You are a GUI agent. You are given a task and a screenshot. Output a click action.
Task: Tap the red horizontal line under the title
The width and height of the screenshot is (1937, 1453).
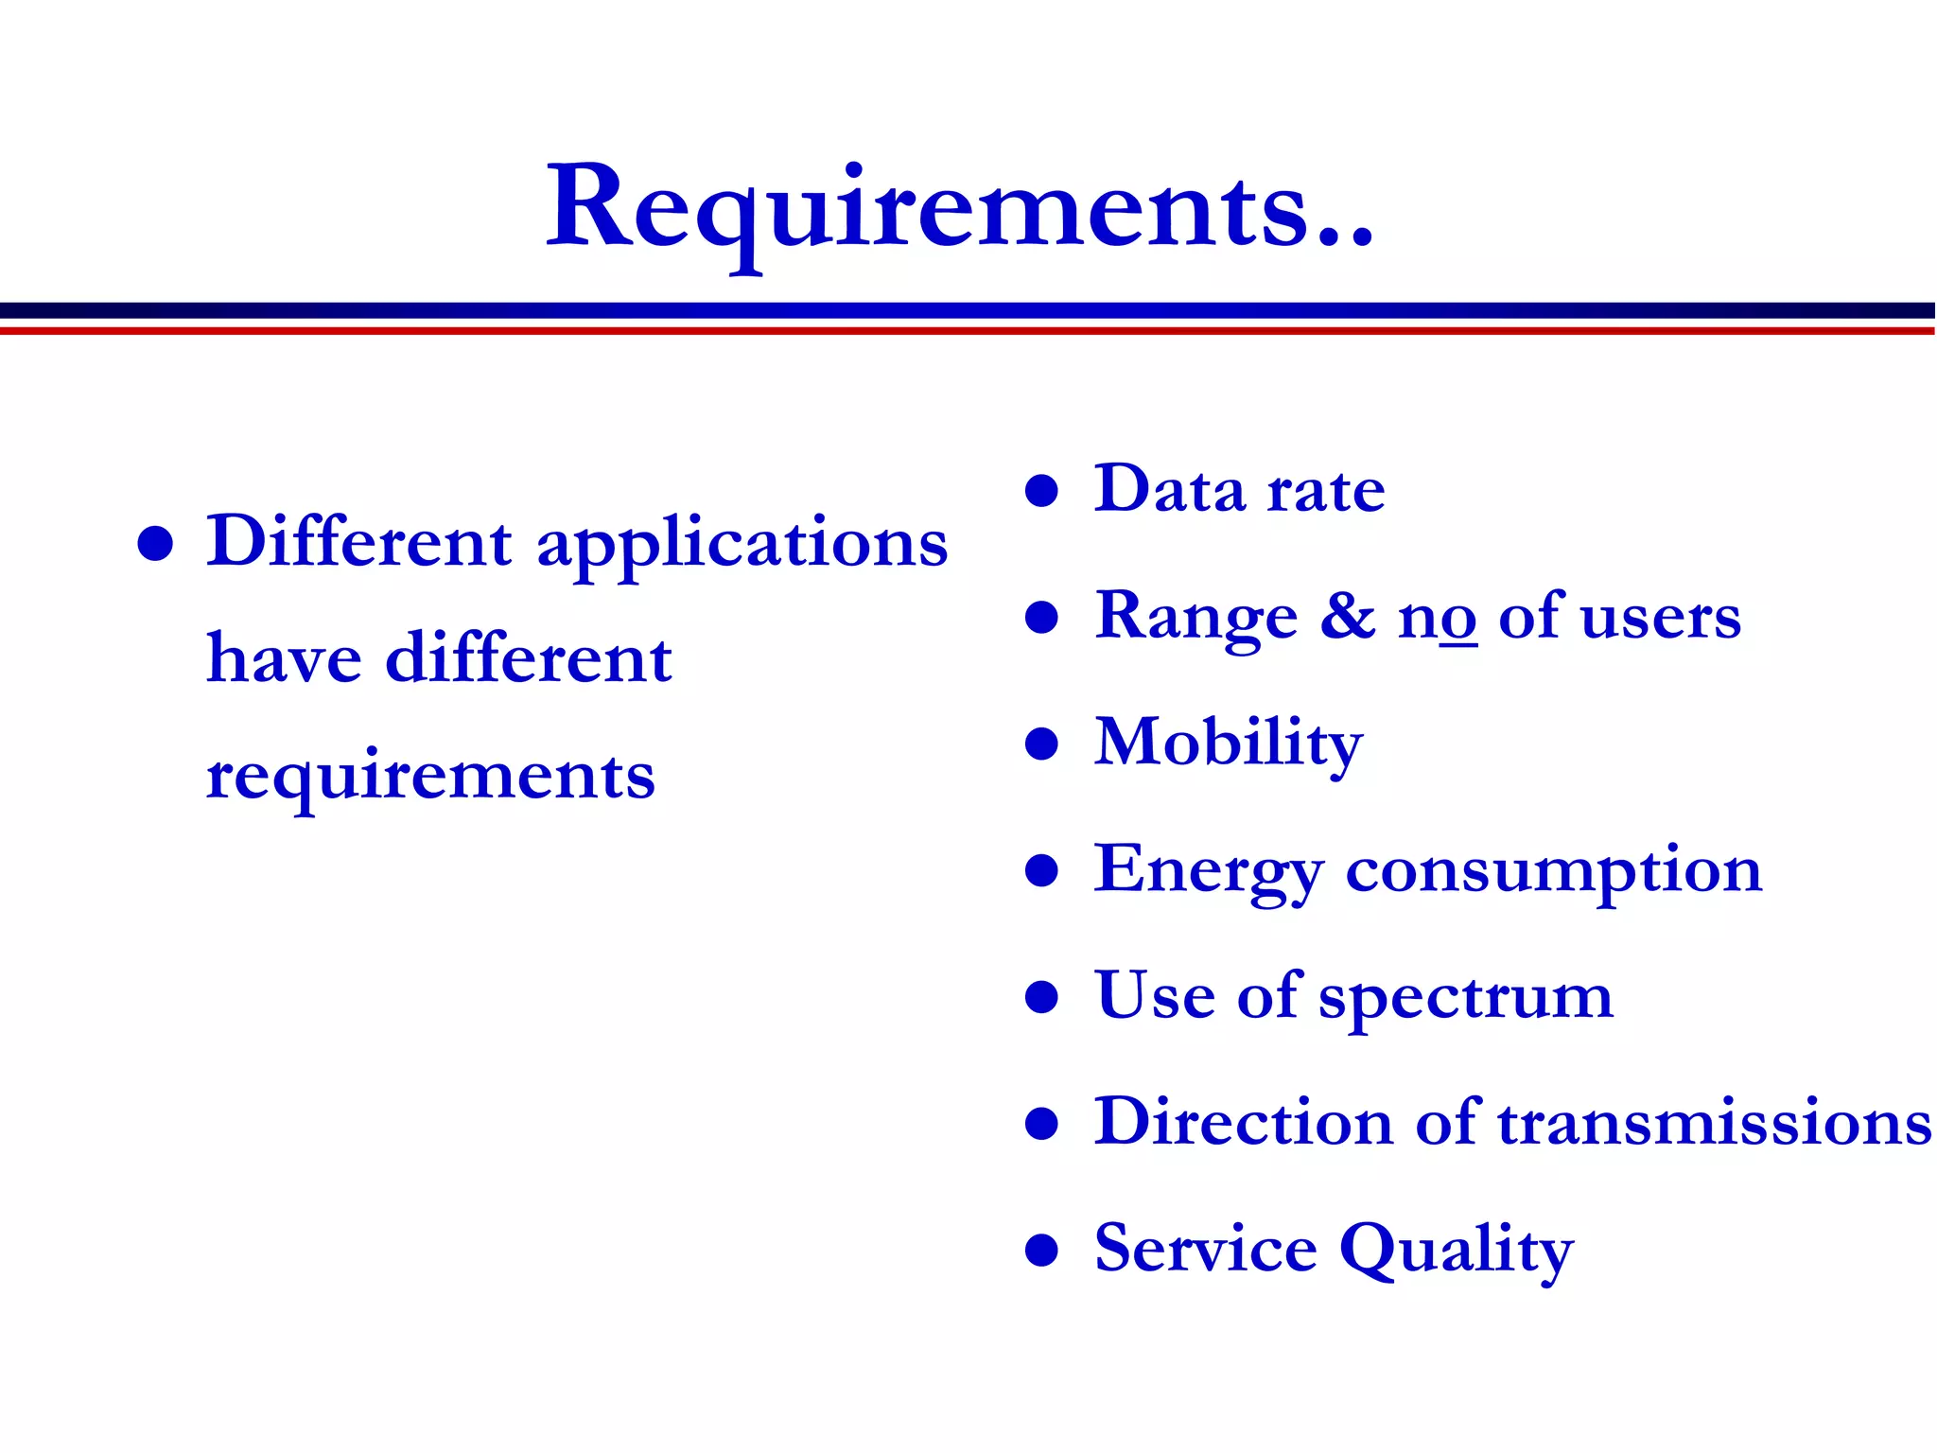tap(968, 331)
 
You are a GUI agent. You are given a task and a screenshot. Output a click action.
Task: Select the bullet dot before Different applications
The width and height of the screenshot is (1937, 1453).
tap(155, 544)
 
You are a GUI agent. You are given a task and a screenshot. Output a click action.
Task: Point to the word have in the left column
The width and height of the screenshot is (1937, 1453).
tap(284, 658)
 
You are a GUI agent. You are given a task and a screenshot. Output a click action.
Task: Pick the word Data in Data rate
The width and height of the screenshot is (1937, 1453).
tap(1169, 490)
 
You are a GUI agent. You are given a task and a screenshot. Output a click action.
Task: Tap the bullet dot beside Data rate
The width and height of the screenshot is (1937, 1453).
tap(1041, 491)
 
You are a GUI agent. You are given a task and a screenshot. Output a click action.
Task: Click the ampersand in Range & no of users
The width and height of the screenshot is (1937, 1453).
tap(1348, 617)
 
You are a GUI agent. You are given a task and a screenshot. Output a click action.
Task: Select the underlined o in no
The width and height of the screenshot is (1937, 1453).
tap(1458, 621)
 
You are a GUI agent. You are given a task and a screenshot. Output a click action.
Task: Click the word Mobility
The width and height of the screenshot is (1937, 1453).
tap(1229, 744)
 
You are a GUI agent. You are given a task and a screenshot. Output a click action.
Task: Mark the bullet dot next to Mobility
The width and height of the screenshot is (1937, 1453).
tap(1041, 744)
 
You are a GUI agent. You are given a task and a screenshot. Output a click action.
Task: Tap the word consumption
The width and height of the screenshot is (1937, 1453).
tap(1554, 870)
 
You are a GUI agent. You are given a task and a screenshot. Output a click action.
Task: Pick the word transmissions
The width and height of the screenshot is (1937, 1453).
tap(1715, 1124)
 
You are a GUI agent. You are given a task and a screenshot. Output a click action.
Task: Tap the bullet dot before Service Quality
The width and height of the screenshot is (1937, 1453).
tap(1041, 1250)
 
